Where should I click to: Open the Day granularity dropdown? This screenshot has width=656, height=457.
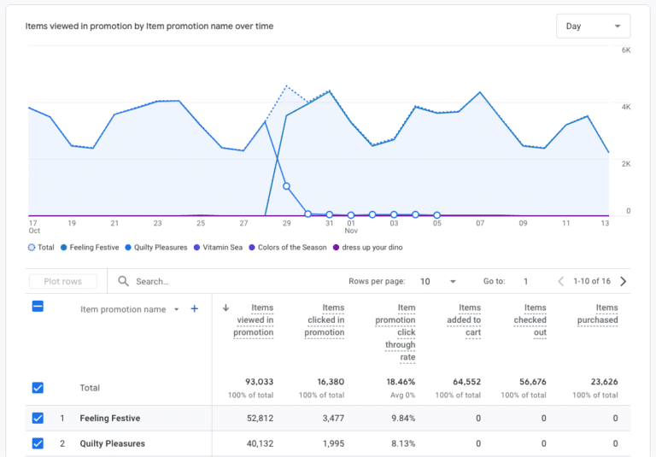pos(593,26)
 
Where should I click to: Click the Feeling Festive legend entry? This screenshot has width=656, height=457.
pos(93,248)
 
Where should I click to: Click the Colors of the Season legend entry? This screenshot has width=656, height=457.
pos(292,248)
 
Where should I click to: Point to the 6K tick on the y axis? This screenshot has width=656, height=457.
pos(625,50)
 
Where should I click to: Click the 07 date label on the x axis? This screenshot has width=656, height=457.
pos(480,223)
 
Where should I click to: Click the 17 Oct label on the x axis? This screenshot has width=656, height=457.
pos(33,226)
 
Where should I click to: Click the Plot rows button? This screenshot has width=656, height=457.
pos(62,281)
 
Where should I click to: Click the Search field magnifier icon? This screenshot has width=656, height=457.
pos(124,281)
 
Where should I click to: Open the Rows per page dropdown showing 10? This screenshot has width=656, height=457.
pos(437,281)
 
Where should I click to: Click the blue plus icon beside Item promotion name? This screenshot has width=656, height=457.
pos(195,308)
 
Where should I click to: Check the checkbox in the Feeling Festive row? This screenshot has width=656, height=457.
pos(38,419)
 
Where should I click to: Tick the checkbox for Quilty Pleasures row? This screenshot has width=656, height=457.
pos(38,443)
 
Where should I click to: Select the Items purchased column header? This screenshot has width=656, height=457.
pos(606,313)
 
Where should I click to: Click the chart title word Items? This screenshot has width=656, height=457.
pos(37,26)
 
